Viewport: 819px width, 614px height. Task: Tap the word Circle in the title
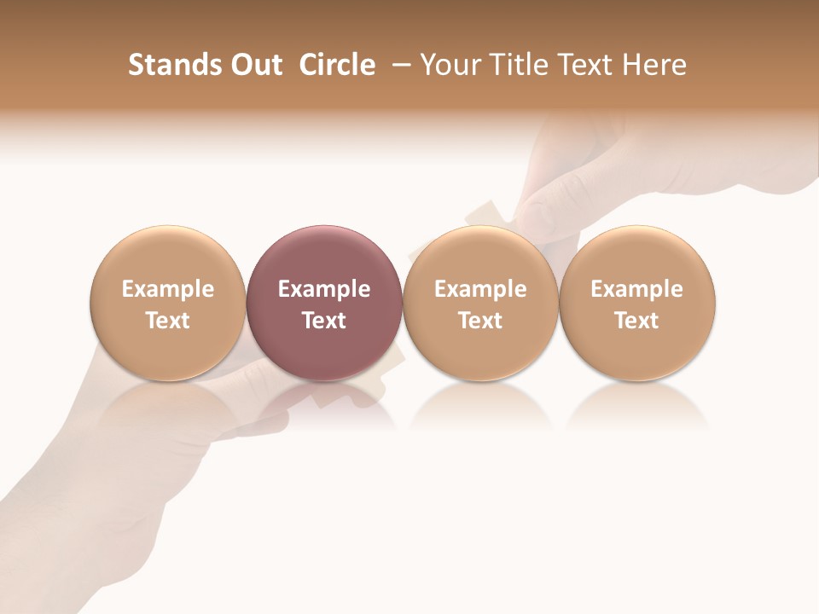(x=337, y=65)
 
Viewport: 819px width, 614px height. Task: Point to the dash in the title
(x=398, y=65)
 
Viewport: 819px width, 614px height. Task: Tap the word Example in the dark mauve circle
(x=324, y=289)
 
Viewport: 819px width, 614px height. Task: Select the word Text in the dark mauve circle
(x=324, y=321)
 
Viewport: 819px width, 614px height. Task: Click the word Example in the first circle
(x=168, y=289)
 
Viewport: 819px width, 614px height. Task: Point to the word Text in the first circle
(x=168, y=321)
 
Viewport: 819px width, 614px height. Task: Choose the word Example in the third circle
(x=480, y=289)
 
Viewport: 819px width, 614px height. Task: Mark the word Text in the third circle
(x=480, y=321)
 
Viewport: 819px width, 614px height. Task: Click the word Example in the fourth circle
(x=637, y=289)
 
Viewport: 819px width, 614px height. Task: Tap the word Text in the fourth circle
(x=637, y=321)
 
